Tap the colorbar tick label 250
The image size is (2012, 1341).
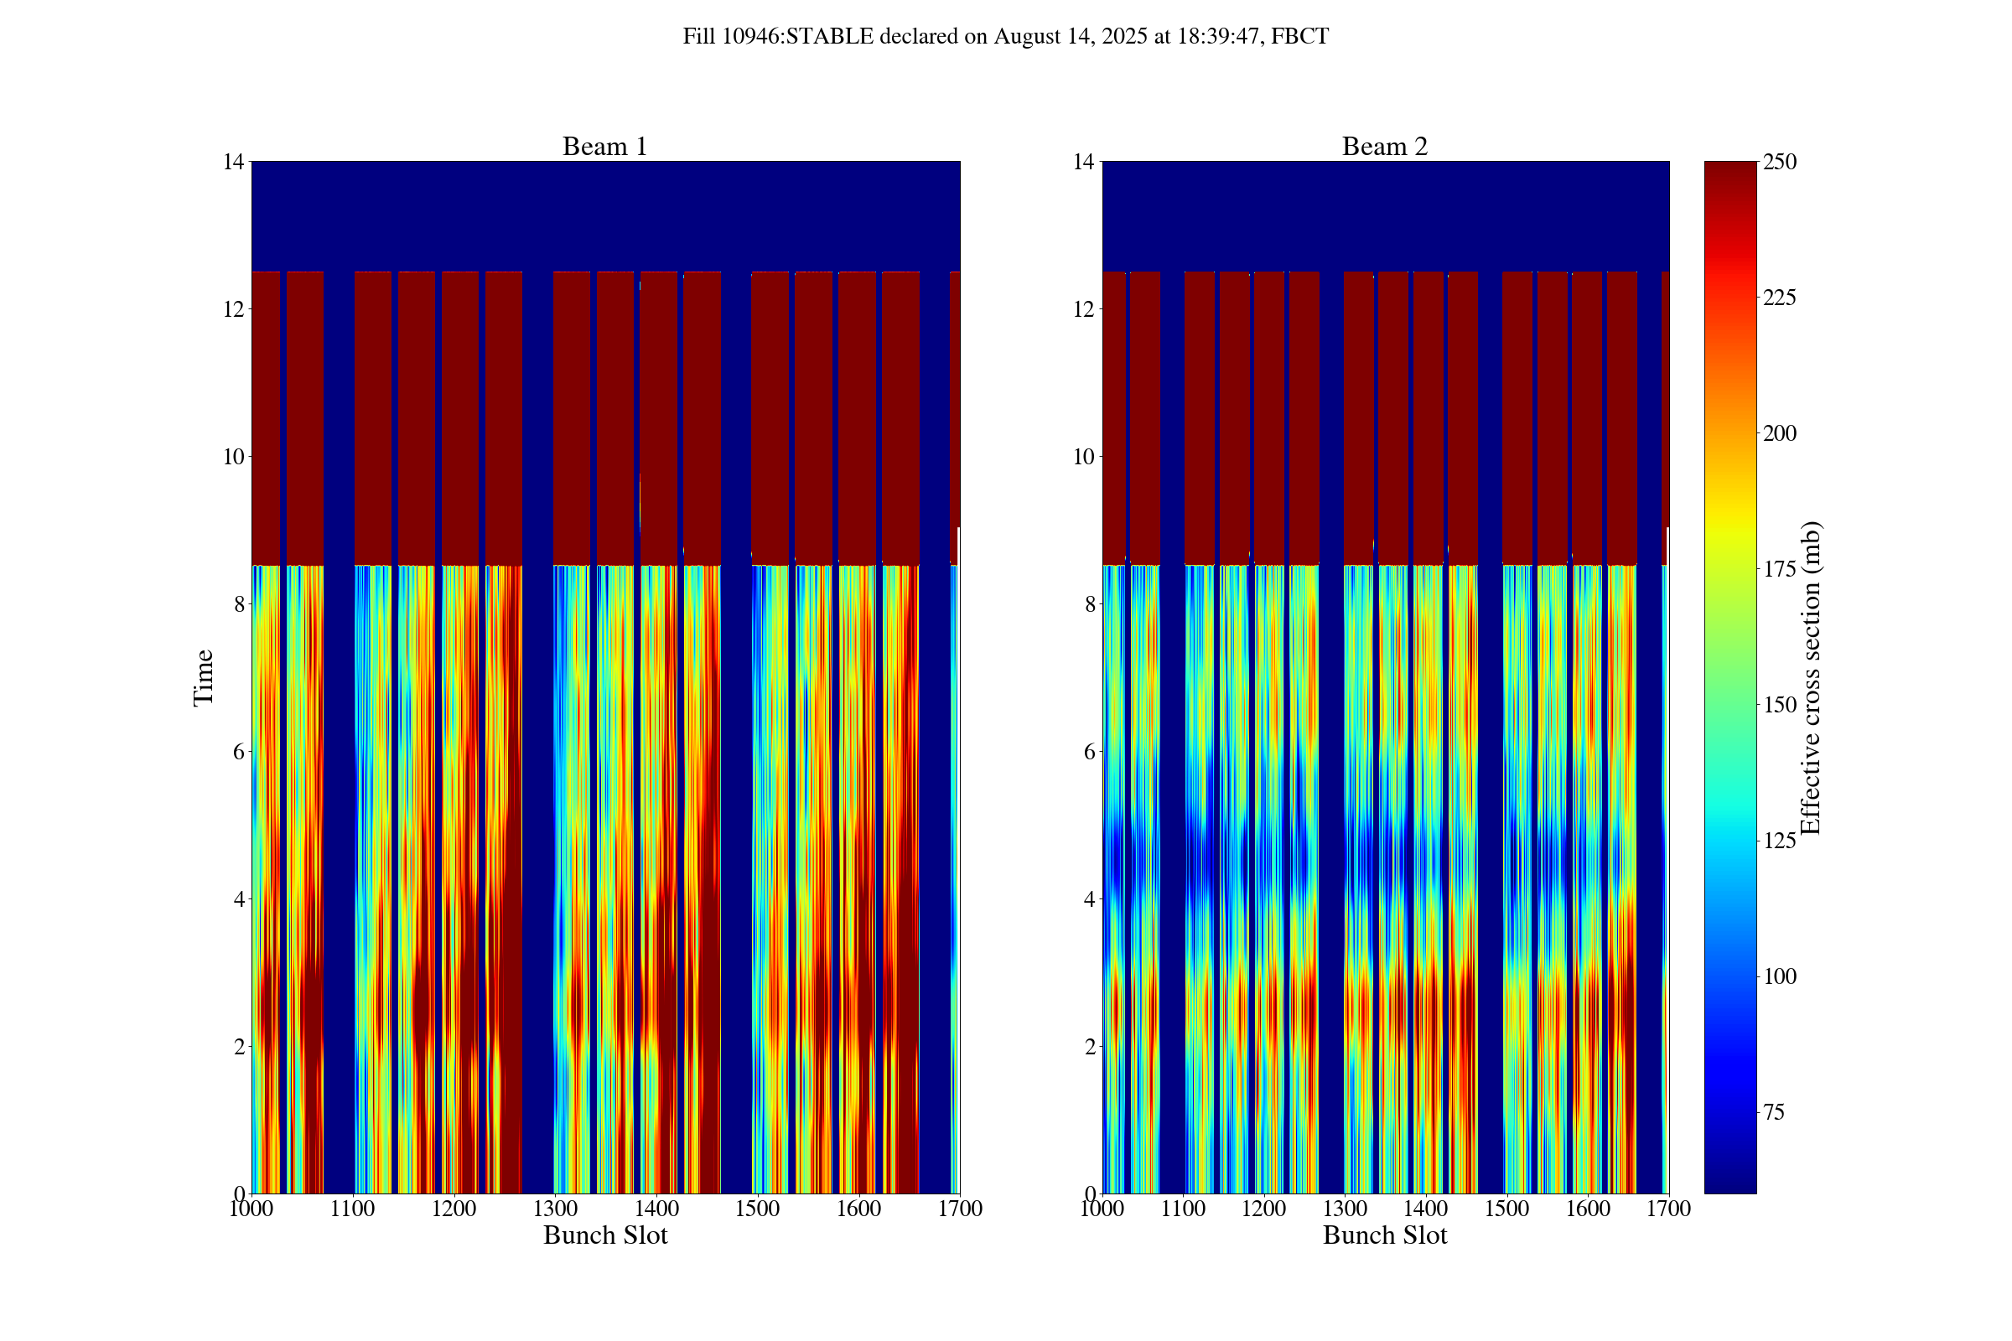click(1779, 162)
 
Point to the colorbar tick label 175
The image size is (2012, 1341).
click(1779, 569)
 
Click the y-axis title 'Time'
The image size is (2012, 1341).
click(203, 677)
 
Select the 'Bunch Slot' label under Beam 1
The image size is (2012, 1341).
click(604, 1235)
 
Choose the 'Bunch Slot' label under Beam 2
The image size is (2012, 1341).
click(1384, 1235)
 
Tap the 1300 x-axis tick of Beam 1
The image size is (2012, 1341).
click(555, 1209)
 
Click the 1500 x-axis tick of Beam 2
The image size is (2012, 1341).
click(1506, 1209)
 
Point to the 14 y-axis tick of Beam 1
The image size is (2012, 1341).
click(234, 162)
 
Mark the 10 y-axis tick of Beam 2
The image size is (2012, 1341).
click(1083, 457)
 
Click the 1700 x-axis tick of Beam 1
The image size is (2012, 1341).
click(960, 1209)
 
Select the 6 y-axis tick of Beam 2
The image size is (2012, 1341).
click(1088, 752)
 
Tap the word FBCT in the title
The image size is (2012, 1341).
click(1299, 37)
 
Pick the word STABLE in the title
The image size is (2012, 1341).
click(830, 37)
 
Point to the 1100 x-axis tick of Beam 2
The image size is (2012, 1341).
click(1183, 1209)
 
